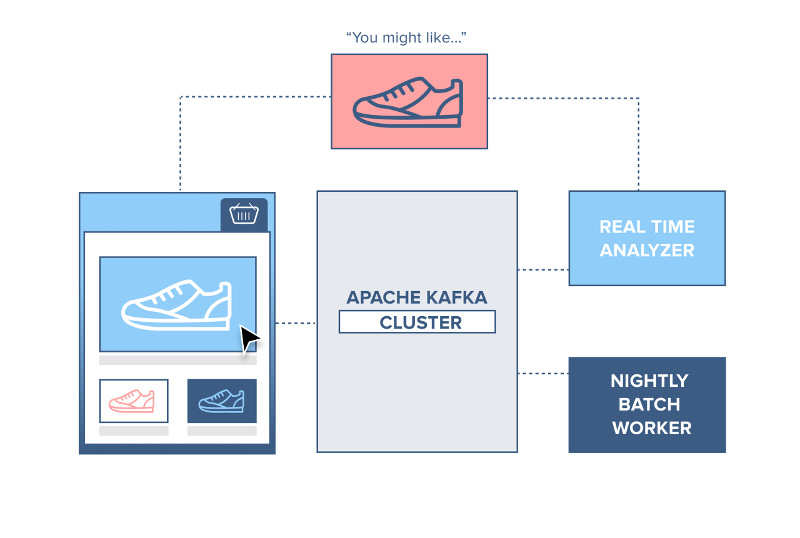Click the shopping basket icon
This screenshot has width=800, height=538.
[x=244, y=214]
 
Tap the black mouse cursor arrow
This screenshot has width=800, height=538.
[x=249, y=339]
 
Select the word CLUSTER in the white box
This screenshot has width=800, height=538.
[x=421, y=322]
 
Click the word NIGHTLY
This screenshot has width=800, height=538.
[x=649, y=381]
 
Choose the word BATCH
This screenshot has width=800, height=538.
[x=649, y=404]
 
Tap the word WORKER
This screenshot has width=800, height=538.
[x=652, y=428]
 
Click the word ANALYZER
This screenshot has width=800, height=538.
[x=647, y=250]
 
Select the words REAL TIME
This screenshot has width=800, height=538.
[x=647, y=227]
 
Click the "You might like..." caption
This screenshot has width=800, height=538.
[x=406, y=37]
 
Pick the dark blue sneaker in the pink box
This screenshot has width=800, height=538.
[x=408, y=102]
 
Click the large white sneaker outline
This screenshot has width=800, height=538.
[x=176, y=304]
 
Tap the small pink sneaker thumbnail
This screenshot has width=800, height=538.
[x=132, y=401]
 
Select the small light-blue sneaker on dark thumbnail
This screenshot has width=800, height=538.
[x=221, y=401]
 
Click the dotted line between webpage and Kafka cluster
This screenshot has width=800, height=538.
[x=296, y=323]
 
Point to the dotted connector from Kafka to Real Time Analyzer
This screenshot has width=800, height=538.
[x=543, y=269]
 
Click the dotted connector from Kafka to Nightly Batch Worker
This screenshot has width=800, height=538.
[x=543, y=374]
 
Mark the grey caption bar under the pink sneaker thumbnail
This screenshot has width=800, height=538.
[x=134, y=431]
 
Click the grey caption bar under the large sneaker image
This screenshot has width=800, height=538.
[x=178, y=360]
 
